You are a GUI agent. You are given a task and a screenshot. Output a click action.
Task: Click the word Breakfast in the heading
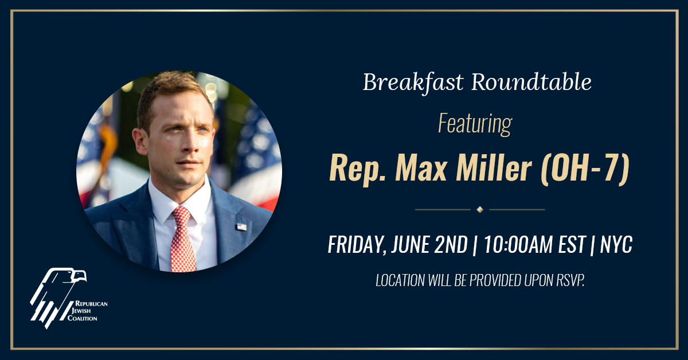[413, 82]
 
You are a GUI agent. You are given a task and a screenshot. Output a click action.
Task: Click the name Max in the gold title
[421, 168]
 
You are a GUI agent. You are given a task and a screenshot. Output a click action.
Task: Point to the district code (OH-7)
[585, 169]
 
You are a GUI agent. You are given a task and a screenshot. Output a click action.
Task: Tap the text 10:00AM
[519, 244]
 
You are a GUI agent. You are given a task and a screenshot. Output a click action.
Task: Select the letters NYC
[616, 244]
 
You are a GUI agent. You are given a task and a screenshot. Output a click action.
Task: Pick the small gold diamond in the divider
[480, 209]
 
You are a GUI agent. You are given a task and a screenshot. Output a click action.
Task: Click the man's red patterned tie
[183, 239]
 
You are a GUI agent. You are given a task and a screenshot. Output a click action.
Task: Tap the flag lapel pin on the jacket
[241, 226]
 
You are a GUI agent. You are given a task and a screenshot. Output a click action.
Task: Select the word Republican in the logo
[91, 303]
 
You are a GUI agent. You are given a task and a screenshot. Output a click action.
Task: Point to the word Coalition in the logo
[83, 318]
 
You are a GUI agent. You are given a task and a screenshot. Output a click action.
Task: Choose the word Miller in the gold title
[494, 168]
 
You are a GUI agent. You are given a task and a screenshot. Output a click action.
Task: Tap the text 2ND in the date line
[451, 245]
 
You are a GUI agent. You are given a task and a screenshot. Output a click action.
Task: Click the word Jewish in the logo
[81, 311]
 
